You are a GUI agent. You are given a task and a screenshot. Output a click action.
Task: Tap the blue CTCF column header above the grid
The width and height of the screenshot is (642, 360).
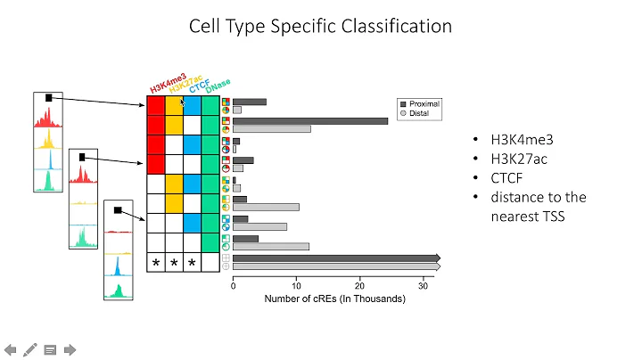click(x=199, y=89)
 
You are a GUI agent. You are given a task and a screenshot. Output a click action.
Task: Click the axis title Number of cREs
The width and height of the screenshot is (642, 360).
click(x=334, y=299)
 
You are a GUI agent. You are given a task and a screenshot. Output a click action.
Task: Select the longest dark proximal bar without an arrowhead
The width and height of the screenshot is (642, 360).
click(x=310, y=121)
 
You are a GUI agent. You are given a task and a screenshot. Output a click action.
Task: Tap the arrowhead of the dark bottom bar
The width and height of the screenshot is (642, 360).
click(x=436, y=258)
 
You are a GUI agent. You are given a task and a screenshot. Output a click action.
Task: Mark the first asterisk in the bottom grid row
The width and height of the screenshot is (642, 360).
click(x=156, y=263)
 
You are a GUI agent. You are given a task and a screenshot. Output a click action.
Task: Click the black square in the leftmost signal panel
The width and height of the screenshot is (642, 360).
click(x=50, y=97)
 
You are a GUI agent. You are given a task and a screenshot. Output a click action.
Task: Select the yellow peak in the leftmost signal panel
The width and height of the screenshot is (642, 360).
click(x=46, y=142)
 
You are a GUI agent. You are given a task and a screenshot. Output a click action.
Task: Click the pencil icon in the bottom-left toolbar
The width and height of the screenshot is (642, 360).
click(x=30, y=349)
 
